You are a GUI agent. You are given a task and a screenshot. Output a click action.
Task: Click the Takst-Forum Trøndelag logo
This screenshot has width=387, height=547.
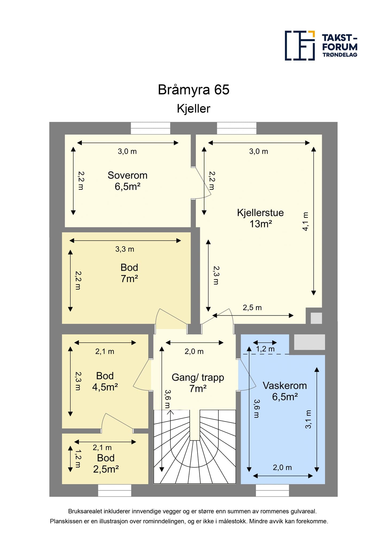321,45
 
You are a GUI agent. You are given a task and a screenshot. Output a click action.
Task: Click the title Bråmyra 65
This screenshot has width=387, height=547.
193,90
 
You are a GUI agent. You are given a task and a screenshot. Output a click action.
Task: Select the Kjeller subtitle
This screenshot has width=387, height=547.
193,109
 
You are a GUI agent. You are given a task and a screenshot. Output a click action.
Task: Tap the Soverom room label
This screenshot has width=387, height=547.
127,175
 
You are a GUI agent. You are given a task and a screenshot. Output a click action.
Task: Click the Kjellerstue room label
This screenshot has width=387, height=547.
260,213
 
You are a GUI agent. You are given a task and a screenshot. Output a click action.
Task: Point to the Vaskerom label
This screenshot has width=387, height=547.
285,385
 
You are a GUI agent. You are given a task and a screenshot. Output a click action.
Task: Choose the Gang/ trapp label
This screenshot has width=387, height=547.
198,377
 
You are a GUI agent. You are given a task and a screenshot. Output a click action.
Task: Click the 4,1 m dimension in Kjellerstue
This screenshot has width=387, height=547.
305,221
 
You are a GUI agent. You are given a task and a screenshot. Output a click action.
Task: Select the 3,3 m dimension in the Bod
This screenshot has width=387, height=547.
125,249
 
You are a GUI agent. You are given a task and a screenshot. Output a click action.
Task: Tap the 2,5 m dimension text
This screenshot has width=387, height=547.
252,308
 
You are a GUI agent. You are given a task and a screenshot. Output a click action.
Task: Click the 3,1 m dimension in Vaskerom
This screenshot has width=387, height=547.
308,419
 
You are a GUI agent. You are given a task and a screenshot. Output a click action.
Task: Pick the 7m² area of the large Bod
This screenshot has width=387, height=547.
129,279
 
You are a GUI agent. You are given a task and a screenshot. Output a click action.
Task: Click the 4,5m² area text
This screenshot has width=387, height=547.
105,387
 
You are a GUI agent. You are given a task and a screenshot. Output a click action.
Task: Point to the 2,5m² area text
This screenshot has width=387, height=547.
106,469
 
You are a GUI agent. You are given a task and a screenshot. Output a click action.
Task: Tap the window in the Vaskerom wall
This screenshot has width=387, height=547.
272,491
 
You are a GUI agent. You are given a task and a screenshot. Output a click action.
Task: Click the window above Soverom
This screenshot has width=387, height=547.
150,128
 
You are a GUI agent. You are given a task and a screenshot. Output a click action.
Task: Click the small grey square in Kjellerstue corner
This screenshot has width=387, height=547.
316,318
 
